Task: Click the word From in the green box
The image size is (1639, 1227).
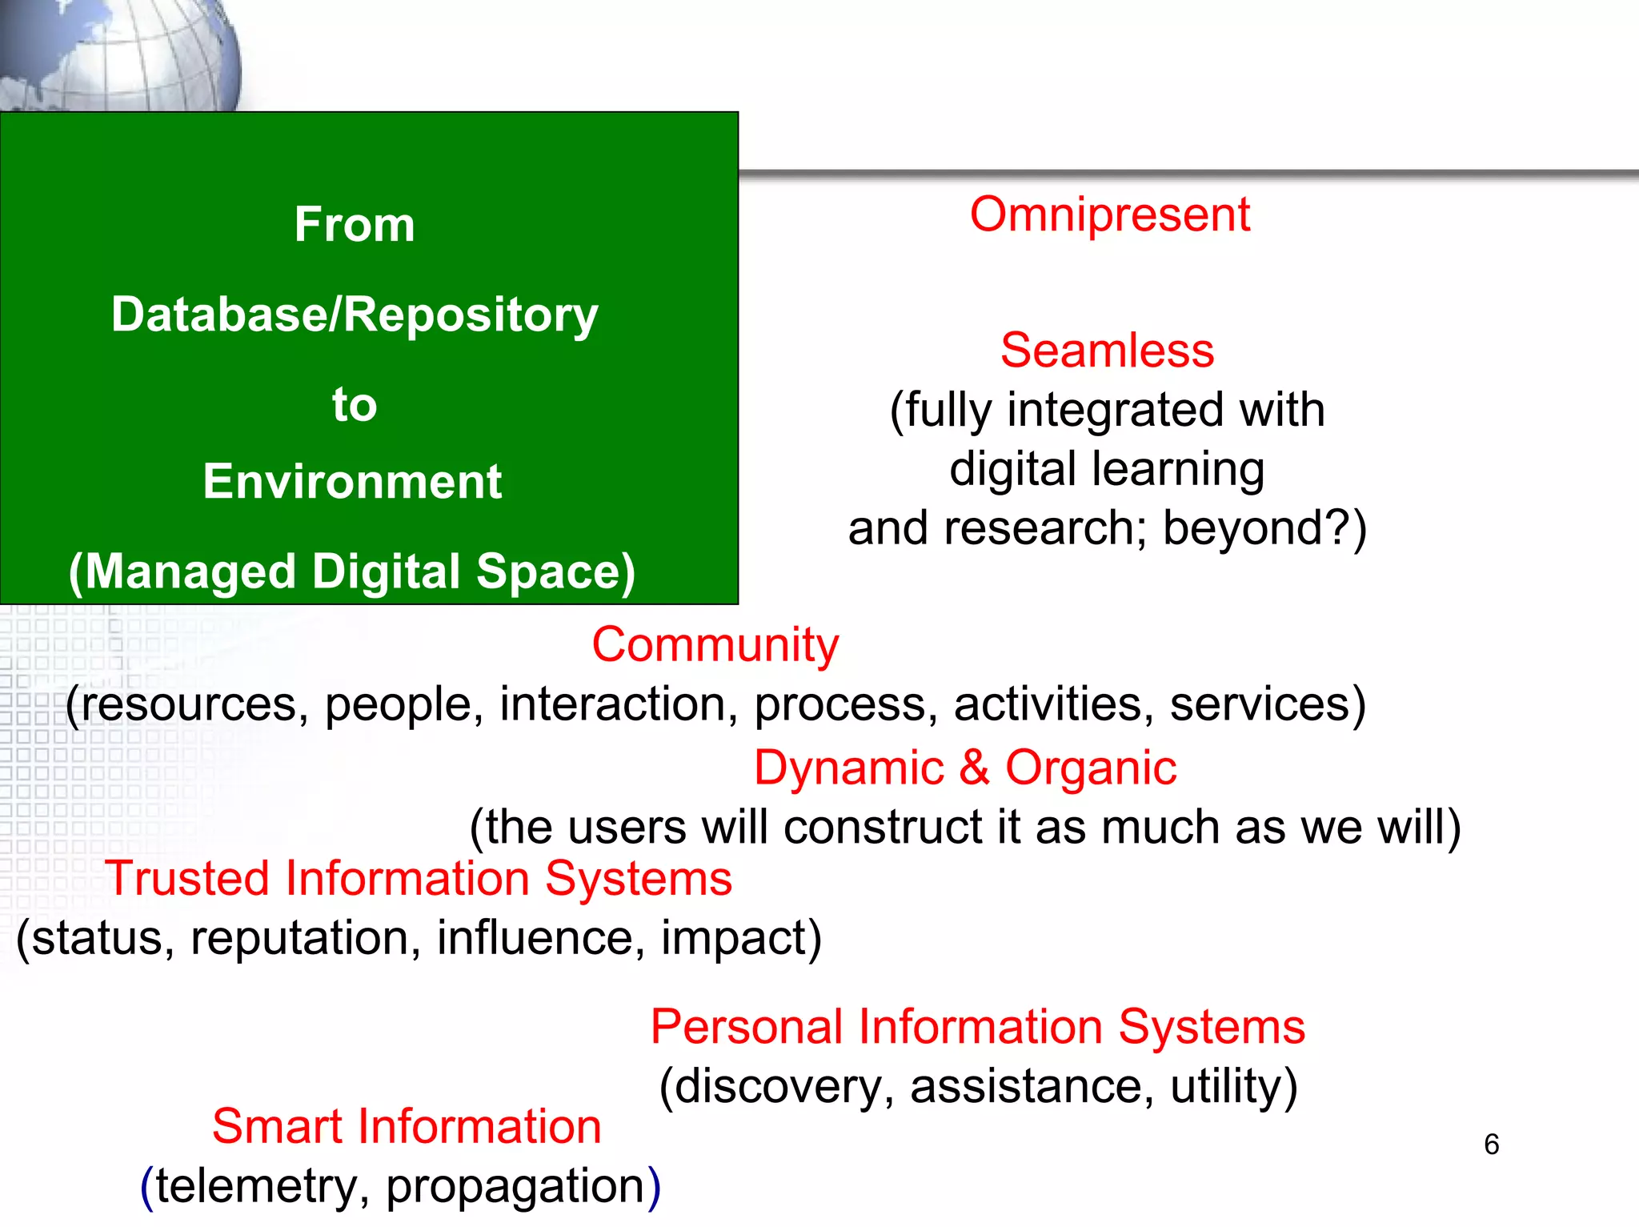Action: [x=354, y=224]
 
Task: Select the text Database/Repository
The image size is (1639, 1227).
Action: [x=355, y=315]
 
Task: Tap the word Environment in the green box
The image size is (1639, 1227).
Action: [x=352, y=482]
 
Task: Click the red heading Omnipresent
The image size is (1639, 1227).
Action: [x=1109, y=215]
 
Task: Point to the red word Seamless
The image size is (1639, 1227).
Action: [x=1107, y=351]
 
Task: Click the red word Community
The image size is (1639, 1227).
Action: [x=715, y=644]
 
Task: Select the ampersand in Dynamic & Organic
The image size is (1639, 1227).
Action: [x=974, y=768]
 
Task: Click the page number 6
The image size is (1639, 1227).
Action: [x=1491, y=1145]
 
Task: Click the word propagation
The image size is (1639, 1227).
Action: [x=515, y=1186]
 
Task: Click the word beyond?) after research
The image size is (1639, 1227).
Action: [x=1264, y=528]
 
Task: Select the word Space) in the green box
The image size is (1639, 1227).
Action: [x=555, y=572]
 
